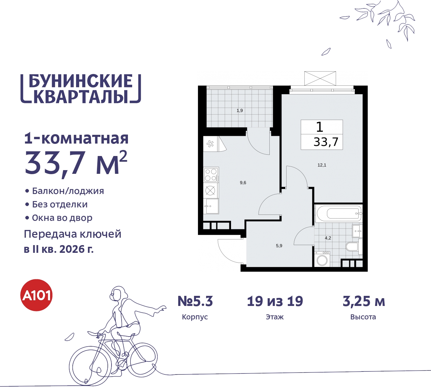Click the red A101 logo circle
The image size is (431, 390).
(x=37, y=295)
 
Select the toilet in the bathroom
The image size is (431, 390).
(x=352, y=247)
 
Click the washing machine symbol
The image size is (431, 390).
(x=322, y=260)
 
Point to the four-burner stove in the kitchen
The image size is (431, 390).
(x=211, y=175)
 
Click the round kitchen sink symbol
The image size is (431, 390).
(x=210, y=191)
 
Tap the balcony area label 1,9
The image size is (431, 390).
(x=240, y=111)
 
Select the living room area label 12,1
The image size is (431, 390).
(x=322, y=165)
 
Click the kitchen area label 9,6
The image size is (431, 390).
(x=243, y=183)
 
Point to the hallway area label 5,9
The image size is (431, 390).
(x=279, y=246)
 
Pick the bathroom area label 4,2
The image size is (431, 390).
(x=328, y=238)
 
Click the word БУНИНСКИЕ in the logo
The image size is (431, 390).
(x=81, y=81)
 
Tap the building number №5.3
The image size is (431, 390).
(x=195, y=301)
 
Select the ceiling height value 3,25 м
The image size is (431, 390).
(x=364, y=301)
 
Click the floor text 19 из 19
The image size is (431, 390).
(x=275, y=301)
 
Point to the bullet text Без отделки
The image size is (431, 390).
(x=60, y=204)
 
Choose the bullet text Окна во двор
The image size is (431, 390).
(x=62, y=218)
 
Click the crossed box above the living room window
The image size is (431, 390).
(x=320, y=78)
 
